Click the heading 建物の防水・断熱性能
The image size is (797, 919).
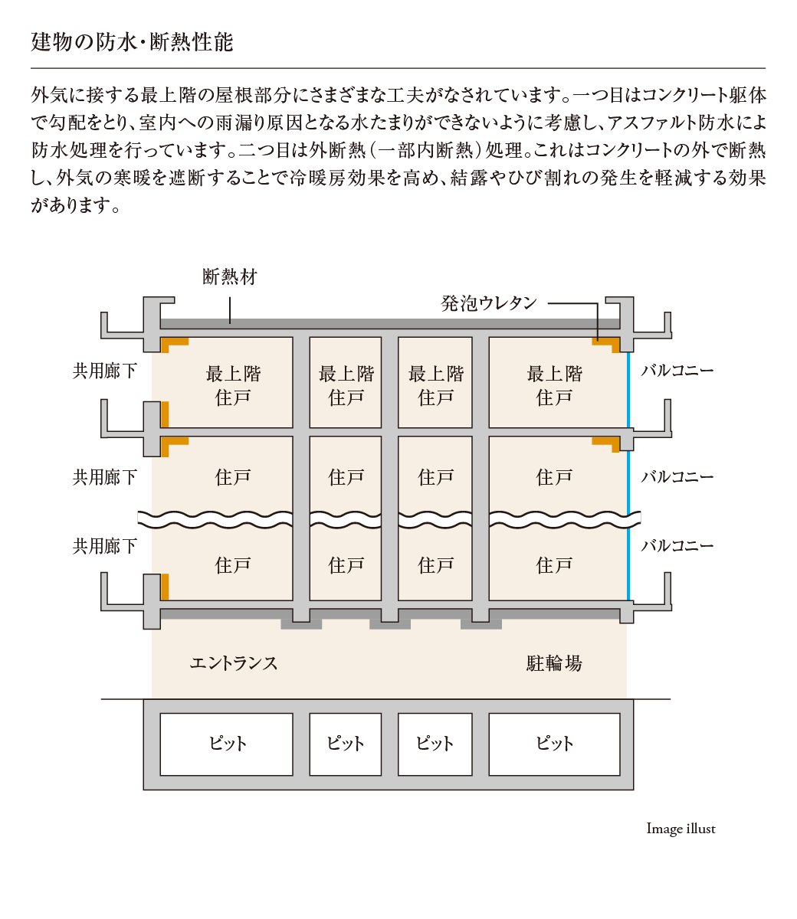point(132,42)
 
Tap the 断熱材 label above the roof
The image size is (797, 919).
point(230,277)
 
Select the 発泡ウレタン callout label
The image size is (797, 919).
point(489,303)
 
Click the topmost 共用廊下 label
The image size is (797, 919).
point(105,371)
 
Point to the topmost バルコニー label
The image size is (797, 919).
point(677,371)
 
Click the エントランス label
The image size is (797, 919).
point(234,663)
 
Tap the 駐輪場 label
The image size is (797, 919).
point(554,663)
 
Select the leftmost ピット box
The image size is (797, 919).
point(227,744)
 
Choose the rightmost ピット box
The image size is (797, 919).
point(555,744)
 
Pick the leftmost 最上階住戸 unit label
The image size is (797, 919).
point(233,385)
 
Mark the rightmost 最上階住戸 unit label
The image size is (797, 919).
point(555,385)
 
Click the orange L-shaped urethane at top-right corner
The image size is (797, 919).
point(606,345)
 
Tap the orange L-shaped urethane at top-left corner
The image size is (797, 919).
point(175,345)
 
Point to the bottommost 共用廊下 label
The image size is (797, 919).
point(105,546)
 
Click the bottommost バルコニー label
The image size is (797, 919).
point(677,545)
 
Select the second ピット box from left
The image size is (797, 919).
point(346,744)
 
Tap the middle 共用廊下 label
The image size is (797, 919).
point(105,477)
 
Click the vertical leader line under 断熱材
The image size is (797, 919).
point(230,310)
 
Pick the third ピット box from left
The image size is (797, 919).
point(435,744)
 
